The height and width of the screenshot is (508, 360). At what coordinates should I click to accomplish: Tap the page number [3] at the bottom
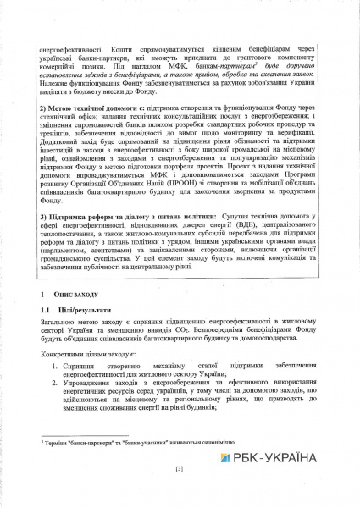[x=179, y=467]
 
